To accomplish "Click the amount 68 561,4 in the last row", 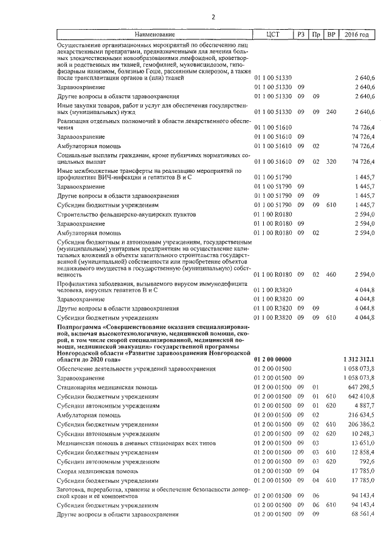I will pos(362,514).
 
